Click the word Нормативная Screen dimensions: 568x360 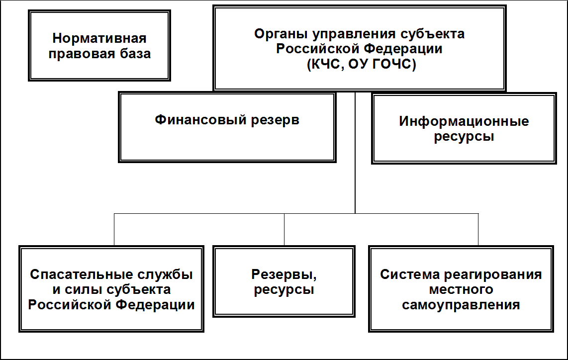click(99, 38)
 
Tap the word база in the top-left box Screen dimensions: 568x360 click(134, 54)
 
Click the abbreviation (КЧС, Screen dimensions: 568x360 click(325, 64)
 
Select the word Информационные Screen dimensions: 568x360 click(464, 121)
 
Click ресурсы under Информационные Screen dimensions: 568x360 click(464, 137)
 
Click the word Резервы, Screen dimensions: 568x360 click(284, 275)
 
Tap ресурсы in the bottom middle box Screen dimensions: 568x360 click(284, 290)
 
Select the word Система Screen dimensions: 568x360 click(410, 274)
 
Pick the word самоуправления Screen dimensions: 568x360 click(461, 305)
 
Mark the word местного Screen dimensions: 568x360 click(461, 290)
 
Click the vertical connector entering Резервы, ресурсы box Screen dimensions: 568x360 click(284, 230)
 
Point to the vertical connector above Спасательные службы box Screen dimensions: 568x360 click(114, 230)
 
